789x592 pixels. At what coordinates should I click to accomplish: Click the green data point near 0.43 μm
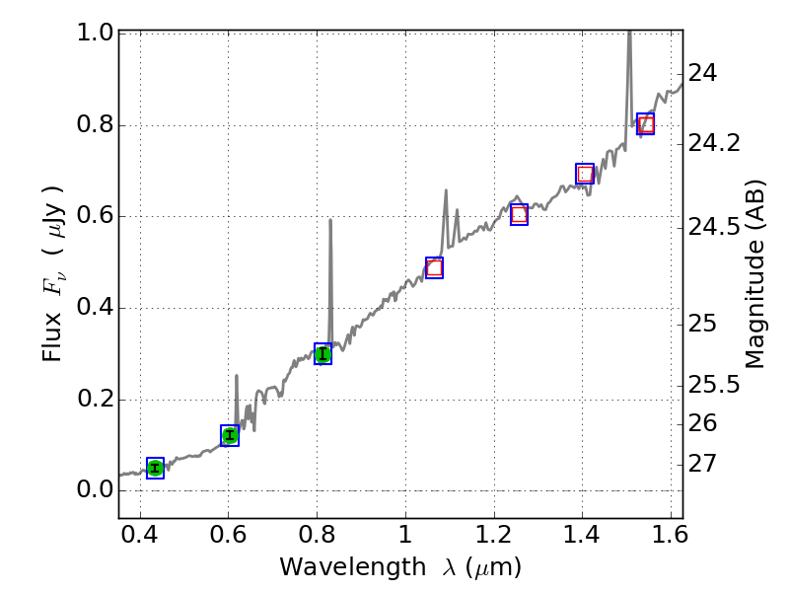(x=155, y=468)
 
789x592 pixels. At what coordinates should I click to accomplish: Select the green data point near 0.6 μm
(x=230, y=435)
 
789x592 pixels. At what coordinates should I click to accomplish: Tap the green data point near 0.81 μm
(x=323, y=354)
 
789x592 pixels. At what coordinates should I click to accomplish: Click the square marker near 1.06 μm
(x=434, y=267)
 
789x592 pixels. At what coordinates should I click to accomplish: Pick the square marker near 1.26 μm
(x=520, y=214)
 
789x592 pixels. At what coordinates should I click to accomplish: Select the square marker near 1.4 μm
(x=585, y=174)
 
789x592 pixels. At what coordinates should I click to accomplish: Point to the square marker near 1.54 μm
(x=646, y=123)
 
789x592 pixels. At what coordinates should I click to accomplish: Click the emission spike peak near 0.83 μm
(x=329, y=220)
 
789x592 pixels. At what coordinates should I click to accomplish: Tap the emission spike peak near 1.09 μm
(x=446, y=190)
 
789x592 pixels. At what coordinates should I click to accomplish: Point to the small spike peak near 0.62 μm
(x=237, y=376)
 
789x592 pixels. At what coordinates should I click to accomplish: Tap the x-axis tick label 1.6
(x=670, y=540)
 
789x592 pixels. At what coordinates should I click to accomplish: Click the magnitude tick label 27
(x=704, y=463)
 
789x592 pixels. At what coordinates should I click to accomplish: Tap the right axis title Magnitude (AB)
(x=755, y=273)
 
